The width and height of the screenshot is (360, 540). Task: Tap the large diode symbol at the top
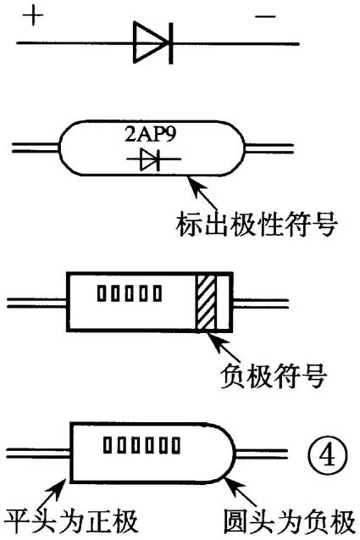tap(153, 40)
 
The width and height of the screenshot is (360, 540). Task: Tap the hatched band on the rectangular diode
tap(206, 301)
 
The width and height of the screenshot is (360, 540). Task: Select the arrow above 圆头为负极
tap(239, 492)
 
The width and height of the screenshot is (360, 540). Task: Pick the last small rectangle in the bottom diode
tap(175, 443)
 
